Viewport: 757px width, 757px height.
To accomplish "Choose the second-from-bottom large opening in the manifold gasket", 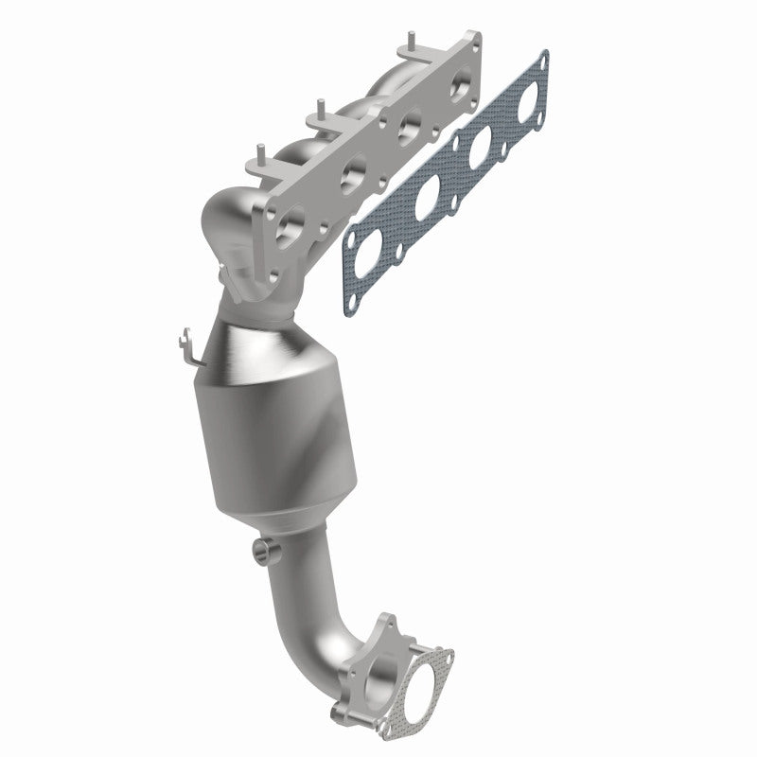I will click(426, 194).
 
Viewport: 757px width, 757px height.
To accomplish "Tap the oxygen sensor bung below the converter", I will click(265, 551).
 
